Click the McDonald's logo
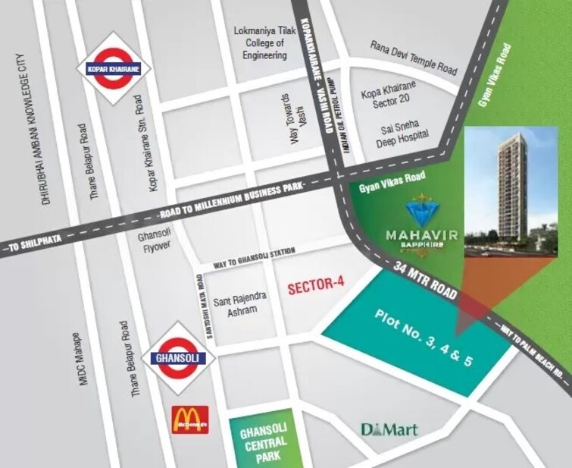point(186,420)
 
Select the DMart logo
point(389,430)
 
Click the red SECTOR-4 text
point(316,285)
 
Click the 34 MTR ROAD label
point(427,281)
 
